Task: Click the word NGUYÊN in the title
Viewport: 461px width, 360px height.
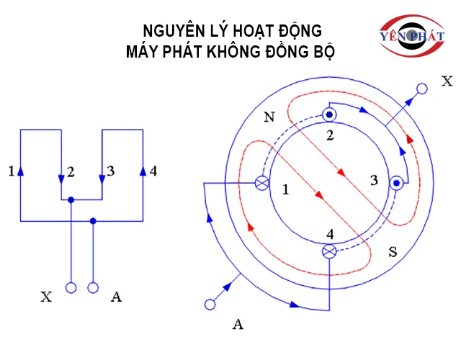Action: coord(171,31)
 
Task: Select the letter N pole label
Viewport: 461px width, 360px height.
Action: coord(269,117)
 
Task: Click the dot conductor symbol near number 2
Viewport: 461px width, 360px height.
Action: coord(329,115)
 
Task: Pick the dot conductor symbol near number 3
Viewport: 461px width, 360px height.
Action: coord(396,184)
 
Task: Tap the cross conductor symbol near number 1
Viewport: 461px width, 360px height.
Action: coord(262,183)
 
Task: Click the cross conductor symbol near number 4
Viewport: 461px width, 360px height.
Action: coord(329,251)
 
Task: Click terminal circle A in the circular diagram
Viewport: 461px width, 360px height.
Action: coord(210,305)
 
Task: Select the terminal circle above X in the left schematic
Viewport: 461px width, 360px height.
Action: coord(71,288)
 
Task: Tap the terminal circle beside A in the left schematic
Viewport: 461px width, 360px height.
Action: coord(93,288)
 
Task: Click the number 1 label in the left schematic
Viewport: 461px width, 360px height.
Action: coord(11,171)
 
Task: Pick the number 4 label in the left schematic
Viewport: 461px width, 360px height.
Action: coord(153,171)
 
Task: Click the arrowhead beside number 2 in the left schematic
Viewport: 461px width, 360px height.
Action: coord(61,179)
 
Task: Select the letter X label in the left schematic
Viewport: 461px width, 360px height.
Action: coord(47,297)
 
